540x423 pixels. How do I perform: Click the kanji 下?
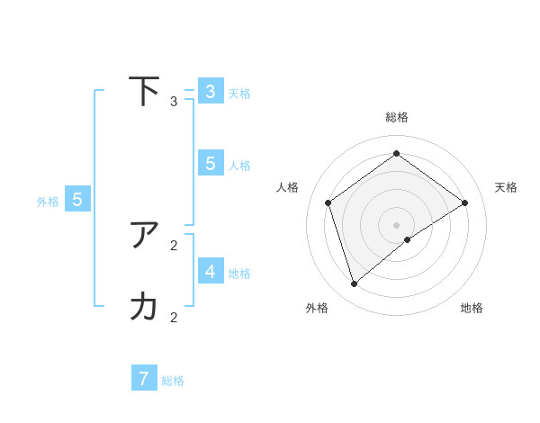144,91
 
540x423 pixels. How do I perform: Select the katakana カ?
144,307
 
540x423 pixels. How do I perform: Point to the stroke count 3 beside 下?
174,102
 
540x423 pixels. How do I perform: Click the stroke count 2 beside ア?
174,245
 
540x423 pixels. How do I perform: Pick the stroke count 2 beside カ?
174,317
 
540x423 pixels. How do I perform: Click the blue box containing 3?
211,92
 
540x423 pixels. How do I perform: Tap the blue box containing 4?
211,271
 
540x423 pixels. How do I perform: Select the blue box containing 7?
144,378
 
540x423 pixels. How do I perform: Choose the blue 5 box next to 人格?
211,163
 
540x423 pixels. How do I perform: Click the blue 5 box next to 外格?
77,200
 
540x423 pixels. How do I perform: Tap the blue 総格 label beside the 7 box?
173,381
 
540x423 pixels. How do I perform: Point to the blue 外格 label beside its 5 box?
48,202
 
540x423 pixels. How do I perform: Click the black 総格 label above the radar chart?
397,117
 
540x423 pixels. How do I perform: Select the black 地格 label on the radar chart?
472,308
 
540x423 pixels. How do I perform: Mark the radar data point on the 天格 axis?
464,202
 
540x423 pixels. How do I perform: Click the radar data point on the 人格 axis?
328,202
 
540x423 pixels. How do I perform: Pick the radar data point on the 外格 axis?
355,284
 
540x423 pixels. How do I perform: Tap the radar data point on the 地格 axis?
408,239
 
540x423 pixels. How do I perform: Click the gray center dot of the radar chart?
396,224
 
